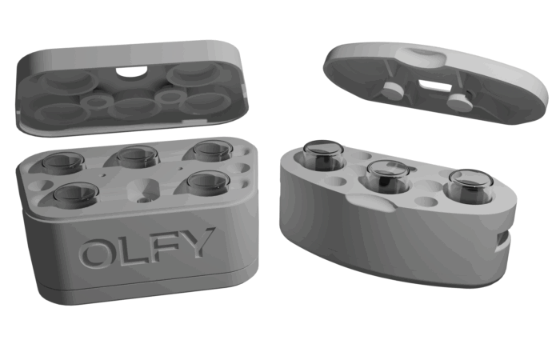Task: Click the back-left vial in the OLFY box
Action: (x=63, y=163)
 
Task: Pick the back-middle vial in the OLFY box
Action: (x=138, y=156)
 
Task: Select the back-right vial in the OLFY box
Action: (x=212, y=150)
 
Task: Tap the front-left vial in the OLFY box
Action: (x=76, y=194)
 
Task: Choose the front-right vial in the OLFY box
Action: (x=207, y=183)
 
